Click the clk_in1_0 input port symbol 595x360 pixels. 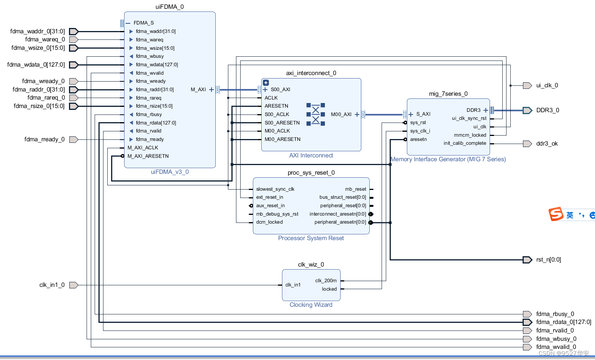[x=74, y=285]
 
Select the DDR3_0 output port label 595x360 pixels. [x=547, y=110]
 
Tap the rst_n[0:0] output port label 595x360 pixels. [x=548, y=260]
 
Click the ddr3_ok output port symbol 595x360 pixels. [x=527, y=144]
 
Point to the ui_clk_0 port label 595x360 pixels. [x=547, y=85]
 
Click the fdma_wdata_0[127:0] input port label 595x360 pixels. [x=36, y=65]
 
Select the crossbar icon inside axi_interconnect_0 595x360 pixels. [x=315, y=114]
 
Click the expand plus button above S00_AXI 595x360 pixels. [x=266, y=83]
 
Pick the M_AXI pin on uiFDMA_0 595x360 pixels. [x=198, y=90]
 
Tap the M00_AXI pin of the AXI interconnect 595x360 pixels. [x=341, y=115]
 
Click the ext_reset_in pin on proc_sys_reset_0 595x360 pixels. [x=269, y=197]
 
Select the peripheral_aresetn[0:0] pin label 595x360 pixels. [x=340, y=222]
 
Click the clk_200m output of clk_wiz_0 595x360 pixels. [x=326, y=281]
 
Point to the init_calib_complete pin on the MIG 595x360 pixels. [x=465, y=143]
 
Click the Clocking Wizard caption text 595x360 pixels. [x=311, y=305]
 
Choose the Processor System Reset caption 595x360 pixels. [x=311, y=238]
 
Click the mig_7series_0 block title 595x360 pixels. [x=448, y=94]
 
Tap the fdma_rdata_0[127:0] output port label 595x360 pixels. [x=563, y=322]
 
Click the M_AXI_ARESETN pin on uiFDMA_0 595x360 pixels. [x=148, y=156]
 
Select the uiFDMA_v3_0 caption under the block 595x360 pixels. [x=169, y=172]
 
